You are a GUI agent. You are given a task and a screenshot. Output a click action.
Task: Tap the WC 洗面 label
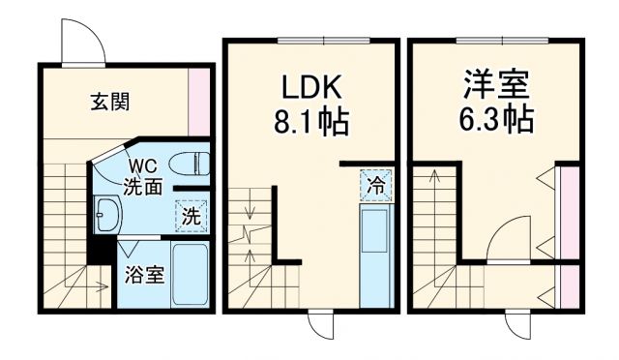coord(141,178)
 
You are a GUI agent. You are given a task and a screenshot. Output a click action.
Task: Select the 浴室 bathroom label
coord(144,273)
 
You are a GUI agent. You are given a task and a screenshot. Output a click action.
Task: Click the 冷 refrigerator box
coord(375,184)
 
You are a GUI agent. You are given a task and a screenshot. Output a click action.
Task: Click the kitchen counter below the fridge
coord(374,255)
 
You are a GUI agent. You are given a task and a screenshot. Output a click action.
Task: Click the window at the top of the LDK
coord(311,40)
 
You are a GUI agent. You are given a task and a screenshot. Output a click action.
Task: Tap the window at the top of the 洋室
coord(494,40)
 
